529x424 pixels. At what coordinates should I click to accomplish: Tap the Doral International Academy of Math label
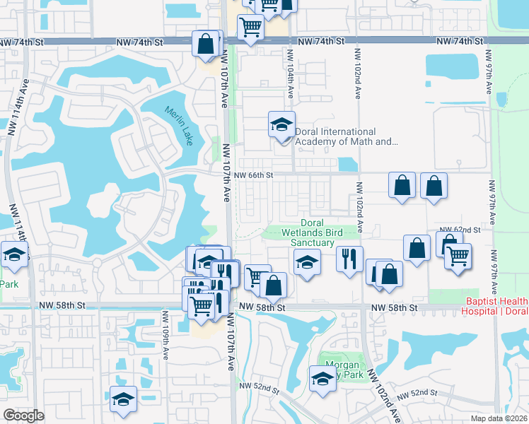click(x=345, y=136)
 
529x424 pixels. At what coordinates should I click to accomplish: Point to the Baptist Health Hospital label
click(x=496, y=306)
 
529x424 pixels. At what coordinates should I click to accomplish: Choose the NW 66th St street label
click(x=253, y=175)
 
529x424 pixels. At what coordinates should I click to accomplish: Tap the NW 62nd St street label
click(x=460, y=230)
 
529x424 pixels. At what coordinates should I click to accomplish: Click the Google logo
click(x=23, y=416)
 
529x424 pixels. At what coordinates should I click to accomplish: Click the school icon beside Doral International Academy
click(x=281, y=125)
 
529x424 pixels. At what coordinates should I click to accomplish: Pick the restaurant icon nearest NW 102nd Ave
click(x=349, y=259)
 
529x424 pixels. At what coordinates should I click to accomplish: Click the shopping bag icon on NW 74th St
click(x=205, y=44)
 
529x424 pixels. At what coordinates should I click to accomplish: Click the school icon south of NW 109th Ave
click(x=123, y=399)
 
